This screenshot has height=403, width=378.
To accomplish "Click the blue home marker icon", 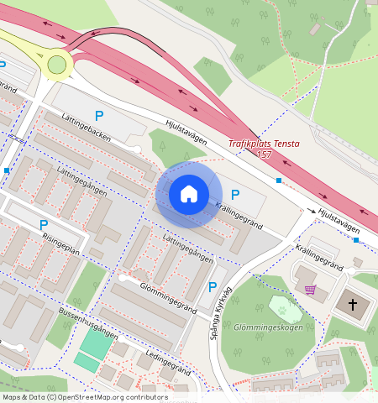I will click(189, 195).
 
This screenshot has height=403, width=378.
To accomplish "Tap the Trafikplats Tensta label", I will click(264, 144).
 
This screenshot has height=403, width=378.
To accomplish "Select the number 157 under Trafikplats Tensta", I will click(264, 154).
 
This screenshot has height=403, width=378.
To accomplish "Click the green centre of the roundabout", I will click(56, 65).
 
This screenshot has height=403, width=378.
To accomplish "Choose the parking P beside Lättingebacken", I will click(99, 116).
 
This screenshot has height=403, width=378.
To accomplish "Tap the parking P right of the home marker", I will click(235, 195).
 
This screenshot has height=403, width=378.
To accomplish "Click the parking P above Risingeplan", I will click(43, 225).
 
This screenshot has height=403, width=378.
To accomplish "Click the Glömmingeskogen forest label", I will click(268, 327).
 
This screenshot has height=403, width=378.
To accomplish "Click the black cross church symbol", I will click(353, 304).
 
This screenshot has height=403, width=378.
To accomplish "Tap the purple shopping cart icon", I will click(311, 290).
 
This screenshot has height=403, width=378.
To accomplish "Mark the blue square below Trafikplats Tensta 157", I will click(279, 180).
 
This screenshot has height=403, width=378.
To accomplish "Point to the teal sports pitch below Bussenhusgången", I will click(95, 343).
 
